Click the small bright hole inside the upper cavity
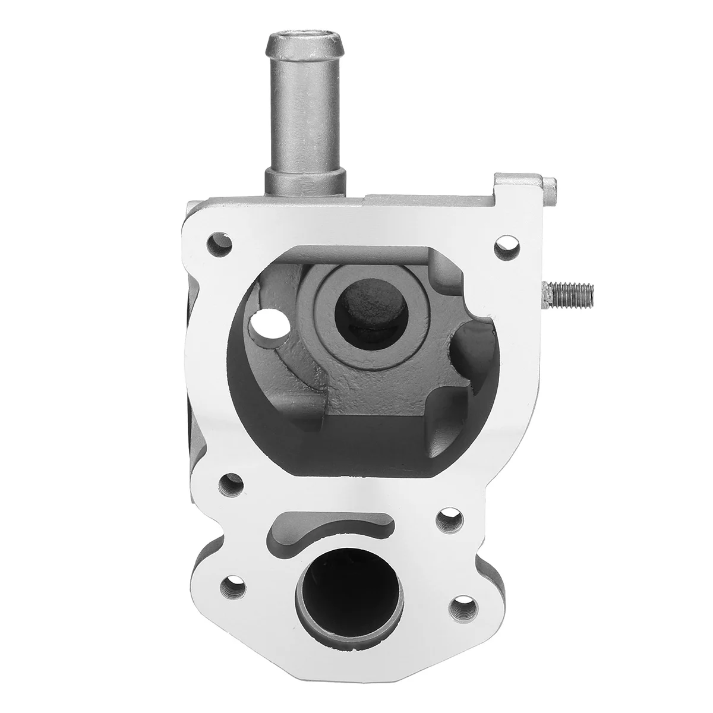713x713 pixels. [x=260, y=325]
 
